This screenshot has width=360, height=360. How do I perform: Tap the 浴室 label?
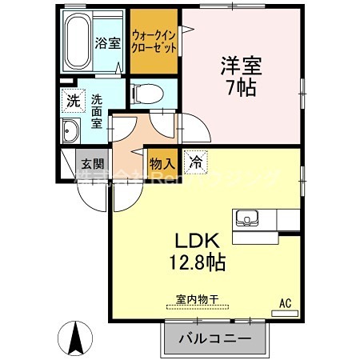pos(108,42)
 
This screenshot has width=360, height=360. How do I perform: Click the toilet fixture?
pos(143,94)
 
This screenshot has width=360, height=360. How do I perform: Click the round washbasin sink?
pos(69,133)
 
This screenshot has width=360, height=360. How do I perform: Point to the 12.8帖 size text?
pos(197,261)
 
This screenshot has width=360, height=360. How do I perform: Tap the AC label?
pos(284,302)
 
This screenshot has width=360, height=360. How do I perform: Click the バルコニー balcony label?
pos(214,339)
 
